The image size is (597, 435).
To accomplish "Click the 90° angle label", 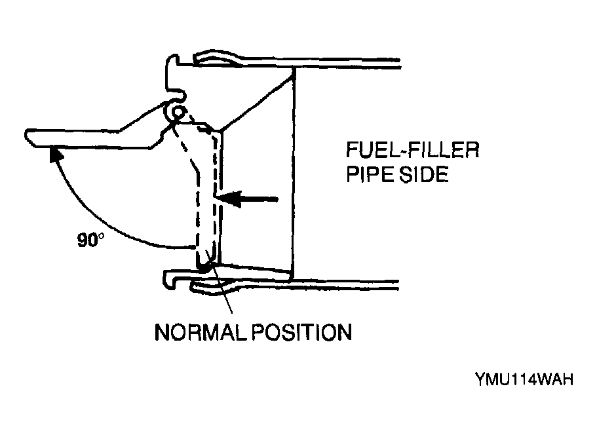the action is pyautogui.click(x=90, y=240).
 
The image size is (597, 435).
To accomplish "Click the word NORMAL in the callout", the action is pyautogui.click(x=202, y=332).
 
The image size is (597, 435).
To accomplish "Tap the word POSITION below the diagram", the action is pyautogui.click(x=301, y=332).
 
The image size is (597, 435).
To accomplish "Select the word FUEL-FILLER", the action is pyautogui.click(x=413, y=150).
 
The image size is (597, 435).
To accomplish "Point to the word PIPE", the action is pyautogui.click(x=370, y=174).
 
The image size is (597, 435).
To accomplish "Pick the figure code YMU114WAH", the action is pyautogui.click(x=524, y=379).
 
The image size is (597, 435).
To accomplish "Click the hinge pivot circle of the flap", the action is pyautogui.click(x=178, y=113).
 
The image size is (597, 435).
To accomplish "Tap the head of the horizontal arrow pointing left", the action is pyautogui.click(x=229, y=199).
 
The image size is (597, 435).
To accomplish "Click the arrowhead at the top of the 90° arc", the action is pyautogui.click(x=54, y=154).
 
